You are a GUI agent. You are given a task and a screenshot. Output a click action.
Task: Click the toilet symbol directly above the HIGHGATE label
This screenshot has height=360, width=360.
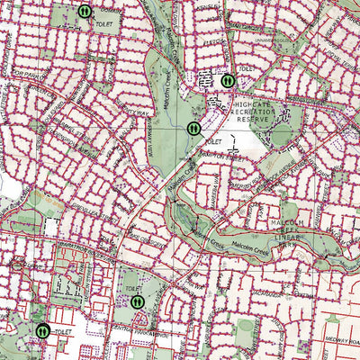click(228, 80)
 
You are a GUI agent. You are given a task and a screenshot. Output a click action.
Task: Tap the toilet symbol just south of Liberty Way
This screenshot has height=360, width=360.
click(194, 129)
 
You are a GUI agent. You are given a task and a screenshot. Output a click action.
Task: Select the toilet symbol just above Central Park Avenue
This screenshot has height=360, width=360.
click(137, 301)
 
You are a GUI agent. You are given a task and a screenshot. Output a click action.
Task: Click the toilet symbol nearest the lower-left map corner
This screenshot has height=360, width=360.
click(42, 330)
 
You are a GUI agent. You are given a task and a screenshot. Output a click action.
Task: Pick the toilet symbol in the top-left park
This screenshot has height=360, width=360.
click(84, 12)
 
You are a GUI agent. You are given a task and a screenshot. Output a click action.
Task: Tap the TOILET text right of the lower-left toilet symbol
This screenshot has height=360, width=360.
click(62, 332)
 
